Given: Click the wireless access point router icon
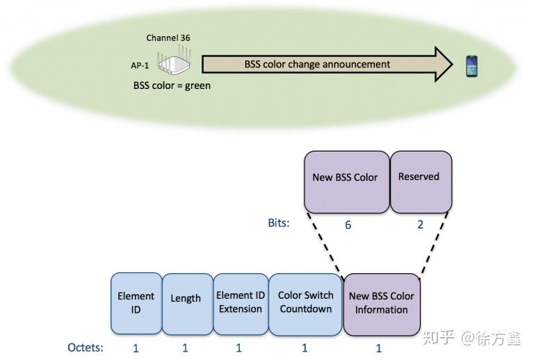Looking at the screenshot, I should [x=173, y=63].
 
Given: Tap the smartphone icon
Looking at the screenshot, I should [x=473, y=66].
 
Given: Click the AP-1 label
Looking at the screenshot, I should [x=140, y=65].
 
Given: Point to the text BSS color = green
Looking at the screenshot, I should [x=172, y=86].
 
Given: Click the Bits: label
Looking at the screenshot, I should [x=279, y=224].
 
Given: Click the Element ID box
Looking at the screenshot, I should [x=136, y=303].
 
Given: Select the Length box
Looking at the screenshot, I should [x=186, y=303].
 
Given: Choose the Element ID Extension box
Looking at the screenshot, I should [x=240, y=303].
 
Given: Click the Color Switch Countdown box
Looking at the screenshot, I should [x=305, y=303].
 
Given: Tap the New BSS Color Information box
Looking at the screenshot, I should [x=381, y=303].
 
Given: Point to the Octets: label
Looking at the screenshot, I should [x=86, y=347].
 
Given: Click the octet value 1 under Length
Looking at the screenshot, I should [x=186, y=347].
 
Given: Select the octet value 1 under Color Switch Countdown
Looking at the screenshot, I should [x=305, y=347].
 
